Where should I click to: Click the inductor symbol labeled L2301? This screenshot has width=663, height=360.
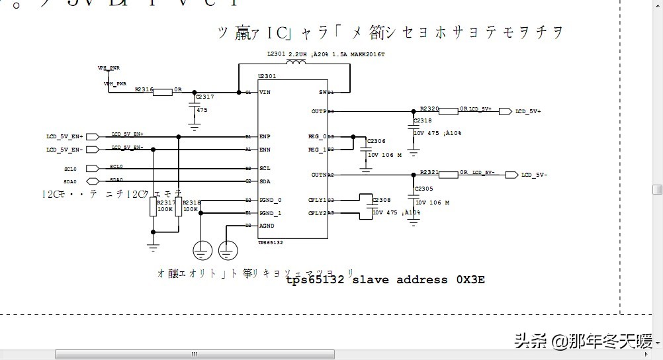(x=295, y=64)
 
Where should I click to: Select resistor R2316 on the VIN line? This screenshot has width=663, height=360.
(x=163, y=92)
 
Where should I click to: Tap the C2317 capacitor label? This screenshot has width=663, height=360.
(x=205, y=97)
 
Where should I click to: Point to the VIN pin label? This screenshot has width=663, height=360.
(x=265, y=92)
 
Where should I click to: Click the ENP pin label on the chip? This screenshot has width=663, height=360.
(x=265, y=136)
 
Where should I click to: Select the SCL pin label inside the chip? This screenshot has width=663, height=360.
(x=265, y=168)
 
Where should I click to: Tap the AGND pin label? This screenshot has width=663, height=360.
(x=267, y=226)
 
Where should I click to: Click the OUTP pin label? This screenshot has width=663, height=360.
(x=319, y=111)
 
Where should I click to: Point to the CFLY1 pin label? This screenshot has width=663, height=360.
(x=317, y=199)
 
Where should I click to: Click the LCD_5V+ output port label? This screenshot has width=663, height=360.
(x=529, y=112)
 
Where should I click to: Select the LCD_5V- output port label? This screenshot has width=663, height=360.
(x=535, y=175)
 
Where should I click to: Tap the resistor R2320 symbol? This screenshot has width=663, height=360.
(x=449, y=111)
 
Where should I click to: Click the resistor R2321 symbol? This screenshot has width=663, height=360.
(x=449, y=174)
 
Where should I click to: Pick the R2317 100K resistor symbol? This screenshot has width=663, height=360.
(x=153, y=208)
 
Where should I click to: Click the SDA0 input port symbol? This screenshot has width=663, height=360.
(x=93, y=181)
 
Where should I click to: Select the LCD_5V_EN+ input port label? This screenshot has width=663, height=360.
(x=64, y=136)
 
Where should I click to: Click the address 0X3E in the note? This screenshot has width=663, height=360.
(x=470, y=280)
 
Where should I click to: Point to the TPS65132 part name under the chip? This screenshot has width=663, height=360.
(x=271, y=243)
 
